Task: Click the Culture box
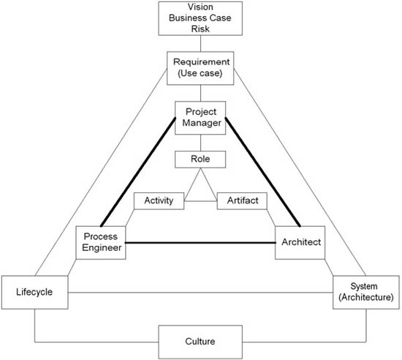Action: point(200,342)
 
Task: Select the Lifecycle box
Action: point(34,292)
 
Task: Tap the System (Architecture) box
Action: point(366,292)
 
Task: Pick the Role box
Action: point(200,160)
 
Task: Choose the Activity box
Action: point(159,201)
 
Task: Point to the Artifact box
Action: point(242,201)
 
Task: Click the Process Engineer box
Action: point(101,242)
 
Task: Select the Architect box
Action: point(300,242)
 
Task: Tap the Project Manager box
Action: point(200,118)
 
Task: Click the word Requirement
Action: point(201,62)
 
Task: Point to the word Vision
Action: point(200,7)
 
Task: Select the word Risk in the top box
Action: point(200,29)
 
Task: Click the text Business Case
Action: point(200,18)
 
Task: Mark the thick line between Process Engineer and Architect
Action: point(200,242)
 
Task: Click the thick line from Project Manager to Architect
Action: point(263,172)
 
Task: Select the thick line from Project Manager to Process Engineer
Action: point(138,172)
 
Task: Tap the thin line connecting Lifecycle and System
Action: point(200,292)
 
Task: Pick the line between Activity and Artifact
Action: point(200,201)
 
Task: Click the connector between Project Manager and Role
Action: point(200,143)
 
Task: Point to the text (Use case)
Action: point(200,73)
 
